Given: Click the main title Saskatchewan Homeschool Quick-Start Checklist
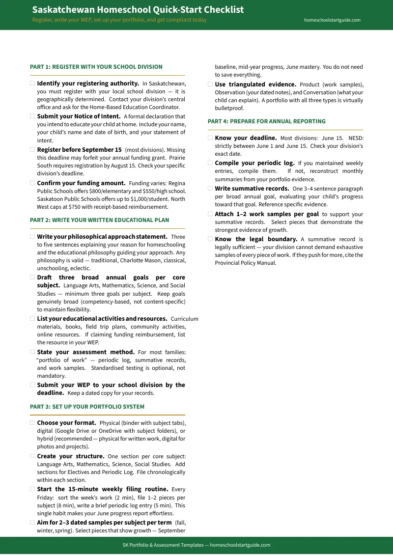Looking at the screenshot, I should pyautogui.click(x=138, y=10).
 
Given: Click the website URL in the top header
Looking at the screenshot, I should pyautogui.click(x=332, y=20).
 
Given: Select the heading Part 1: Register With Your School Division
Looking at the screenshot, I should pyautogui.click(x=96, y=67).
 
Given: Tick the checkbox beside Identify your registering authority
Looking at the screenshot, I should pyautogui.click(x=32, y=83).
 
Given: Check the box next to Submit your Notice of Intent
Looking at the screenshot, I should pyautogui.click(x=32, y=116).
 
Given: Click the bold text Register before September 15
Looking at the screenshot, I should pyautogui.click(x=79, y=150).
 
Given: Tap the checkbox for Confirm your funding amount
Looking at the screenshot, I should pyautogui.click(x=32, y=183).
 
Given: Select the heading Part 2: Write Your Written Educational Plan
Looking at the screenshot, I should pyautogui.click(x=99, y=220).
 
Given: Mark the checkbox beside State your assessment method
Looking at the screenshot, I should pyautogui.click(x=32, y=352).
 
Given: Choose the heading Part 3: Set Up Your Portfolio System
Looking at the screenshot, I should pyautogui.click(x=87, y=407).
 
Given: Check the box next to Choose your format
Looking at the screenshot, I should pyautogui.click(x=32, y=423).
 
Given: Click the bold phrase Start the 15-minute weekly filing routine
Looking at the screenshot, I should pyautogui.click(x=103, y=489).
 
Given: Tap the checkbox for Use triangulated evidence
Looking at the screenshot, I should pyautogui.click(x=210, y=84).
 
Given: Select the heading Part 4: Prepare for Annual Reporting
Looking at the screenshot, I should pyautogui.click(x=266, y=121).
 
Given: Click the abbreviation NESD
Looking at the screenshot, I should pyautogui.click(x=356, y=139).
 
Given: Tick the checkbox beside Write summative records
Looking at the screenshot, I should pyautogui.click(x=210, y=189).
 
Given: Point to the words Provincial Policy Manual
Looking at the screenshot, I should pyautogui.click(x=246, y=263).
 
